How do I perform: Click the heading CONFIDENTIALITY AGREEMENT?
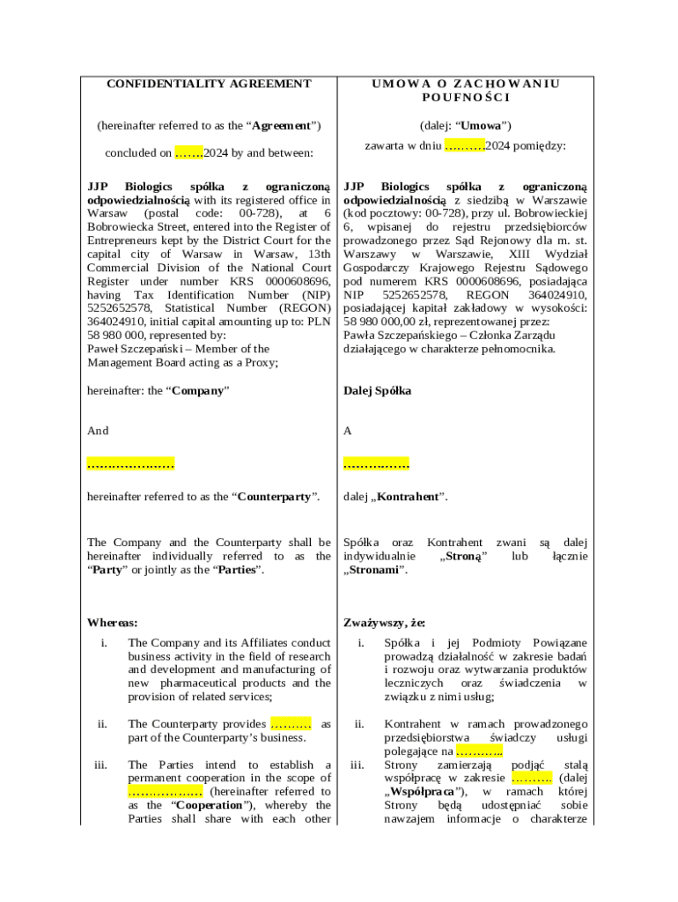click(x=209, y=84)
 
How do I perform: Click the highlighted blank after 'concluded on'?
click(x=189, y=153)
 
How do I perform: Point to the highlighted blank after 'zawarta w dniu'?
click(x=465, y=145)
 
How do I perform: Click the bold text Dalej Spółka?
click(x=377, y=390)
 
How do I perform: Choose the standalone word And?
click(x=98, y=431)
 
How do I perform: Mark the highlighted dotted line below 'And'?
click(x=130, y=463)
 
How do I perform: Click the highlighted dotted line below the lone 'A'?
click(x=376, y=463)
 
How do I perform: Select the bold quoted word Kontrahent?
click(x=409, y=497)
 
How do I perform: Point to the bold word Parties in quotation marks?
click(x=237, y=570)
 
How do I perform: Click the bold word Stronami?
click(x=374, y=570)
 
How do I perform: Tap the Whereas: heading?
click(x=112, y=623)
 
